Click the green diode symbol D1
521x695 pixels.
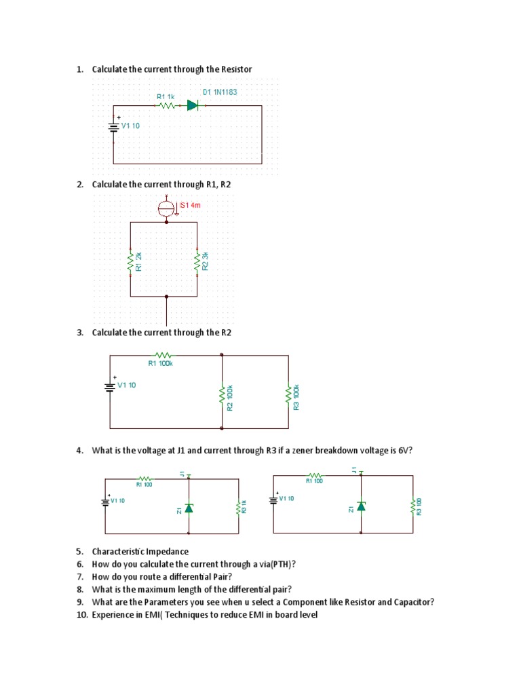192,105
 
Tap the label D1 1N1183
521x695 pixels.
220,92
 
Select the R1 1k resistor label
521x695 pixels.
166,97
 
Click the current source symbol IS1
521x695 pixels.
166,208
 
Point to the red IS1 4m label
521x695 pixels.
191,204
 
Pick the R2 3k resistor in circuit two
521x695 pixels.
196,261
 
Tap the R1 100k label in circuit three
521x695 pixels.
161,363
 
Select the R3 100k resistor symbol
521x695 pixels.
288,395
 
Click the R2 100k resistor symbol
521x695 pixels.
222,396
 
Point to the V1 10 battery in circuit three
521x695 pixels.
109,386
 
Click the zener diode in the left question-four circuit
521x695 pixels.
189,508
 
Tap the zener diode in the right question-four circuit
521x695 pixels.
361,506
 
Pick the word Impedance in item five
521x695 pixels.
166,552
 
